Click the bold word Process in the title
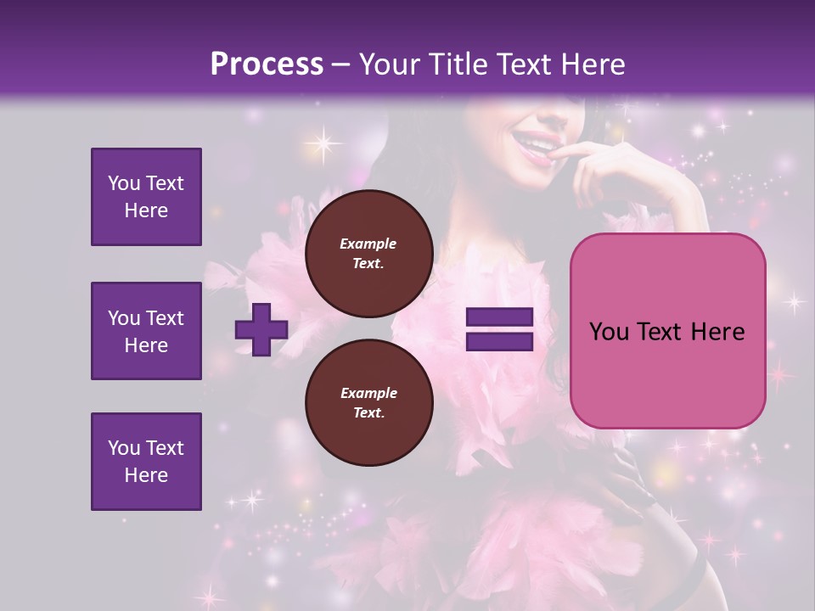pyautogui.click(x=267, y=64)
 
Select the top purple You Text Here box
pyautogui.click(x=146, y=197)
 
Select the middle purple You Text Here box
pyautogui.click(x=146, y=331)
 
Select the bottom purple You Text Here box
pyautogui.click(x=146, y=462)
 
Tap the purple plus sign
pyautogui.click(x=261, y=330)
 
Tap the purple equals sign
pyautogui.click(x=499, y=330)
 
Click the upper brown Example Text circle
pyautogui.click(x=368, y=254)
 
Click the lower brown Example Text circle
pyautogui.click(x=368, y=403)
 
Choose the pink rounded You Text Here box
pyautogui.click(x=667, y=331)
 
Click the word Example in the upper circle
pyautogui.click(x=368, y=244)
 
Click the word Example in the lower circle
pyautogui.click(x=368, y=393)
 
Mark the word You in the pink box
pyautogui.click(x=609, y=332)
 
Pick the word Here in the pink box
pyautogui.click(x=718, y=332)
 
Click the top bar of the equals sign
pyautogui.click(x=499, y=318)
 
